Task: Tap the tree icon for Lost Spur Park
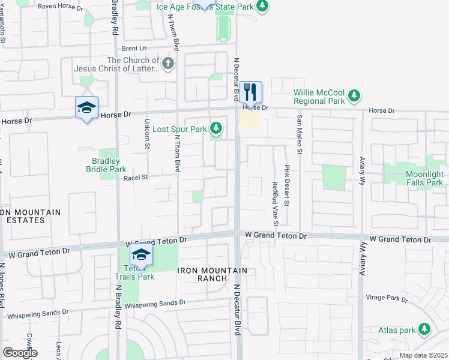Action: pyautogui.click(x=216, y=128)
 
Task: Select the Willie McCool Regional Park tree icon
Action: pyautogui.click(x=354, y=95)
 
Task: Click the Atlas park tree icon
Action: pyautogui.click(x=424, y=329)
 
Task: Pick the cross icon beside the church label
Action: pyautogui.click(x=168, y=63)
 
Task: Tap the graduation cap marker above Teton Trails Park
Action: pyautogui.click(x=142, y=254)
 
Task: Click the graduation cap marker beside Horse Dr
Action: pyautogui.click(x=86, y=108)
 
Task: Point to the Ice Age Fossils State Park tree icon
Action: pyautogui.click(x=262, y=5)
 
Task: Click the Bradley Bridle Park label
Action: pyautogui.click(x=106, y=165)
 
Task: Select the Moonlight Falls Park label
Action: pyautogui.click(x=416, y=178)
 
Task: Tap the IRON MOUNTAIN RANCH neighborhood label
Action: pyautogui.click(x=212, y=274)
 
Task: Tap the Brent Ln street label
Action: pyautogui.click(x=134, y=48)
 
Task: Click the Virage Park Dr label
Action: pyautogui.click(x=387, y=298)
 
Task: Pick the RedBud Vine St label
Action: pyautogui.click(x=276, y=204)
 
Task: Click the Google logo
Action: pyautogui.click(x=20, y=353)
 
